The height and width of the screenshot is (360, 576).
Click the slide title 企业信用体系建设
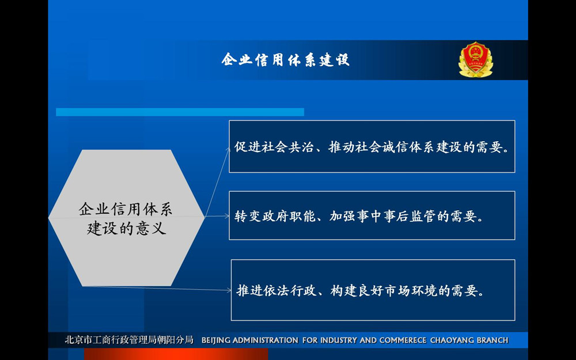tap(286, 59)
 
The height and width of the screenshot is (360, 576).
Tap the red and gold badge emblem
tap(476, 59)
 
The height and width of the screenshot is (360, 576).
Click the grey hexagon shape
tap(126, 218)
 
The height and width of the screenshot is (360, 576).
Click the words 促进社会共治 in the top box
tap(274, 147)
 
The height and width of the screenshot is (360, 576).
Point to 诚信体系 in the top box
tap(402, 147)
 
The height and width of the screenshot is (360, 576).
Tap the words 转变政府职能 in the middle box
tap(275, 217)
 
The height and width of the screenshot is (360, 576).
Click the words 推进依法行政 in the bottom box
tap(276, 290)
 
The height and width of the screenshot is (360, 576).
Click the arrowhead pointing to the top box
tap(228, 149)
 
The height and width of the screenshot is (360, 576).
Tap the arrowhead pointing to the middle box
tap(227, 216)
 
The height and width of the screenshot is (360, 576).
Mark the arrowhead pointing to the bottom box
tap(229, 290)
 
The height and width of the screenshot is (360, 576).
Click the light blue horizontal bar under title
tap(180, 112)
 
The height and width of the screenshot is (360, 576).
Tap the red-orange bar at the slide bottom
tap(176, 354)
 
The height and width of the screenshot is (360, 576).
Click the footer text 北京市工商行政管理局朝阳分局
tap(129, 340)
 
